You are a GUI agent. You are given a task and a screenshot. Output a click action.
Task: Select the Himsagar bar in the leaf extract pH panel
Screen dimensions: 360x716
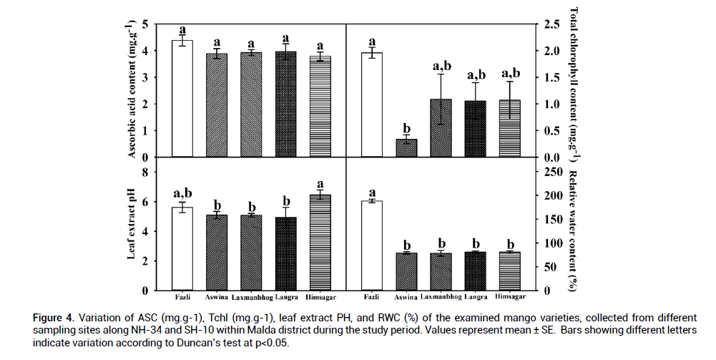click(320, 243)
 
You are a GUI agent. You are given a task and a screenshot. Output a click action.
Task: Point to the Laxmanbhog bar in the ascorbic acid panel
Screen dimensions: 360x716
click(251, 104)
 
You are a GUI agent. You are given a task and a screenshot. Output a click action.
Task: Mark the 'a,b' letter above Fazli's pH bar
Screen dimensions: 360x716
click(182, 193)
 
